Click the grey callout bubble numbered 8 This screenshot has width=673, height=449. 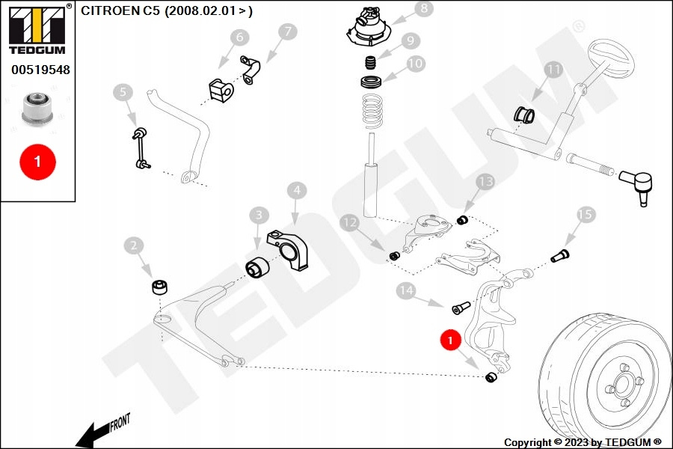424,9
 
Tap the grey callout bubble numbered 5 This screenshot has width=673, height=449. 123,93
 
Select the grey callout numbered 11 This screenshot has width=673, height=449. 553,70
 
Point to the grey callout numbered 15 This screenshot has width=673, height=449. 586,216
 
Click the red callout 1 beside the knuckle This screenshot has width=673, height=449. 450,341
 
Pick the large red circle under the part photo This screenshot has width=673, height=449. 37,161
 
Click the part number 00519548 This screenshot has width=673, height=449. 40,70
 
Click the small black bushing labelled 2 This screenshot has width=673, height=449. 159,287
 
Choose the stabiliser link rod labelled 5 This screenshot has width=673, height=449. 139,147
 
